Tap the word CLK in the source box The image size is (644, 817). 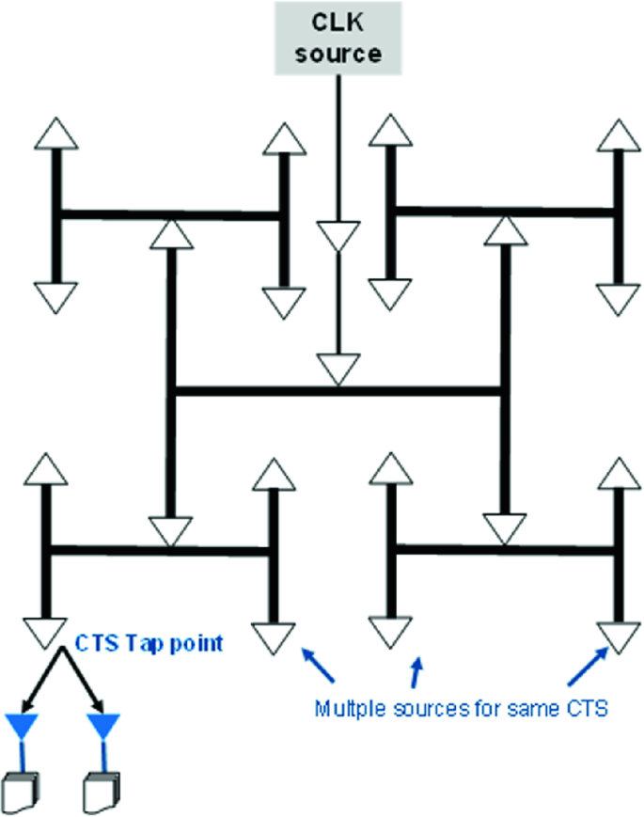[x=338, y=23]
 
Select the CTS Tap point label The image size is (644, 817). [x=149, y=644]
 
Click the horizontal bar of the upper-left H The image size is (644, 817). [x=169, y=215]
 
